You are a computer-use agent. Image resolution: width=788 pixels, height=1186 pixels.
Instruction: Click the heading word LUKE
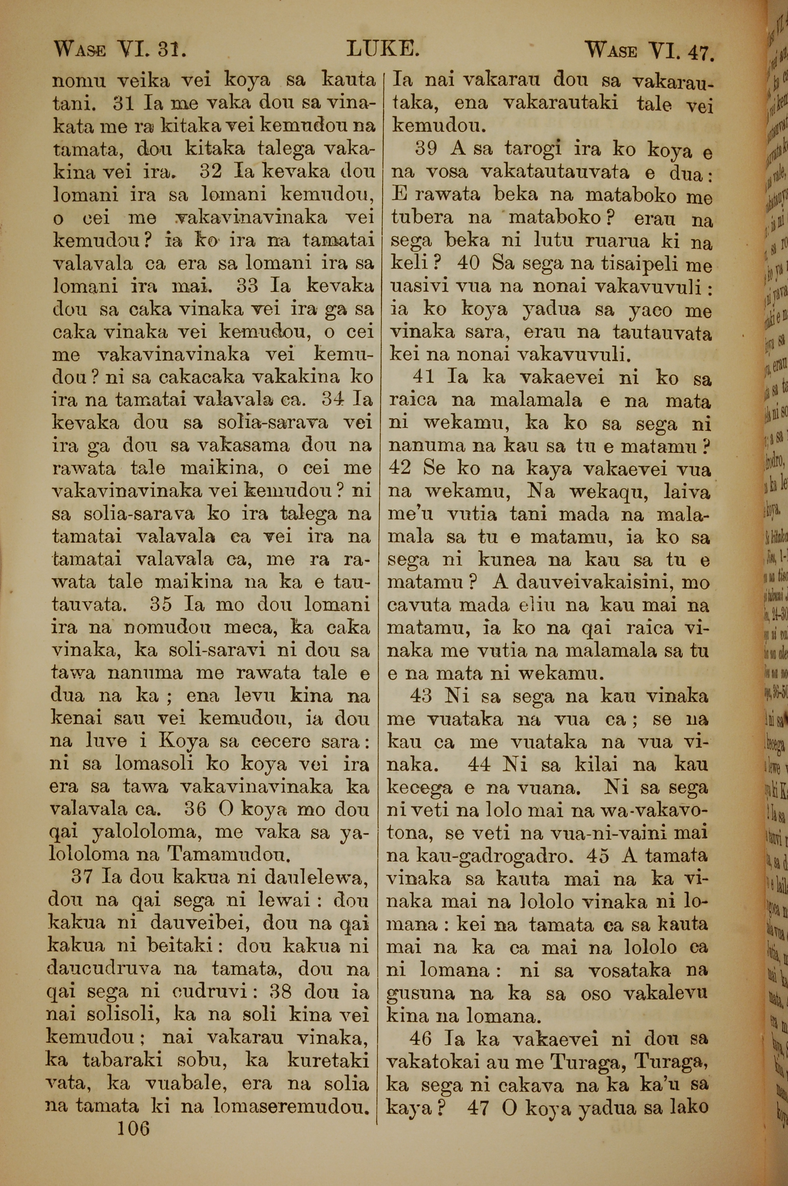point(383,50)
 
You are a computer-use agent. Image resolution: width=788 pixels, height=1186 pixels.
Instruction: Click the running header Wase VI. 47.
point(650,51)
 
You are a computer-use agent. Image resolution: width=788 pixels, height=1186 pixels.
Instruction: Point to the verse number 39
point(428,149)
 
